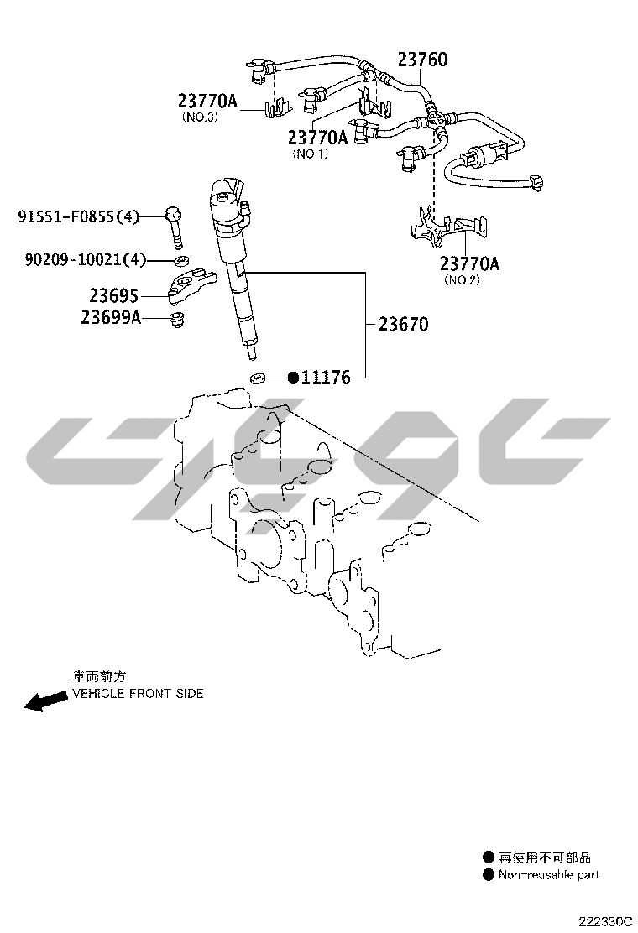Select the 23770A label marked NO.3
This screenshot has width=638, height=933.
coord(207,102)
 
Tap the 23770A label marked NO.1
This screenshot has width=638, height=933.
coord(317,137)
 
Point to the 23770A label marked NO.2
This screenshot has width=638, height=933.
coord(470,264)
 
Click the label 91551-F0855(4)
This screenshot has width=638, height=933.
coord(79,217)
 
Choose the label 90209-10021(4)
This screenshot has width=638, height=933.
coord(85,260)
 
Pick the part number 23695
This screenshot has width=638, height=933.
coord(114,295)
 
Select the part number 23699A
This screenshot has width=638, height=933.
coord(111,317)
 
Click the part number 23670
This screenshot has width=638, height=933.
coord(403,324)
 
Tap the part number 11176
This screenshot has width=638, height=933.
coord(326,378)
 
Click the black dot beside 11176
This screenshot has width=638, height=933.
coord(294,378)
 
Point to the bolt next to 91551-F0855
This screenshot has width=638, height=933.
coord(175,225)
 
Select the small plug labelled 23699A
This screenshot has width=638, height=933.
coord(176,320)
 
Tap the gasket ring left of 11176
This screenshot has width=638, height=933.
coord(259,378)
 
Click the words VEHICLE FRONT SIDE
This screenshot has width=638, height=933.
coord(138,694)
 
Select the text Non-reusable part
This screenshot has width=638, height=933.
coord(549,875)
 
